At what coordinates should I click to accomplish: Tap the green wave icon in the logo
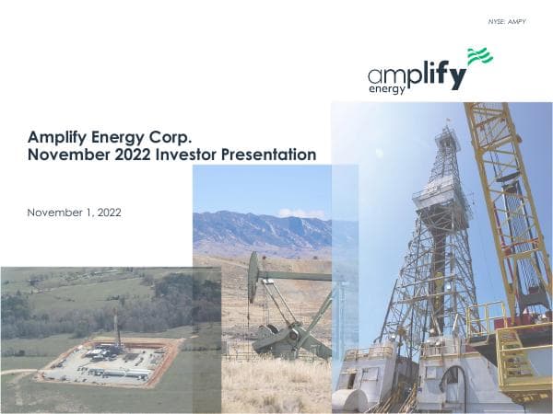coord(479,57)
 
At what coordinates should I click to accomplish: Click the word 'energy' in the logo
coord(387,90)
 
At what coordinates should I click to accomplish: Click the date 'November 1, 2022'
coord(75,213)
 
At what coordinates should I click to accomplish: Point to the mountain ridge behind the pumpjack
coord(258,226)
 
